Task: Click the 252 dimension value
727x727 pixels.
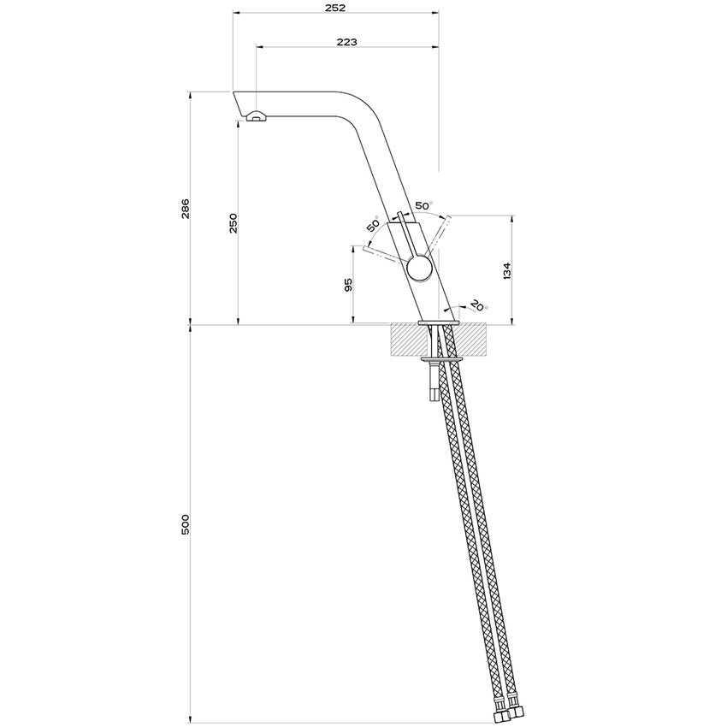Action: (335, 8)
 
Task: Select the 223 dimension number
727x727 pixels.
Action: (346, 41)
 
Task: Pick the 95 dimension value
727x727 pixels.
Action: (348, 285)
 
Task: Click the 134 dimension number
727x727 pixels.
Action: (506, 270)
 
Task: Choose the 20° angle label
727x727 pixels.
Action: (476, 305)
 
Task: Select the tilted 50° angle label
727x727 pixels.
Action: (373, 226)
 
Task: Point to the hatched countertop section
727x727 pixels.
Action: (406, 340)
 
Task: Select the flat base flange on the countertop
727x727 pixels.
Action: (440, 322)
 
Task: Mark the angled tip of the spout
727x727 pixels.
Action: (239, 102)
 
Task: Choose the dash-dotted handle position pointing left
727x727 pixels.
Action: (381, 254)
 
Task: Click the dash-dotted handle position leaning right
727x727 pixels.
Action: (439, 233)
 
